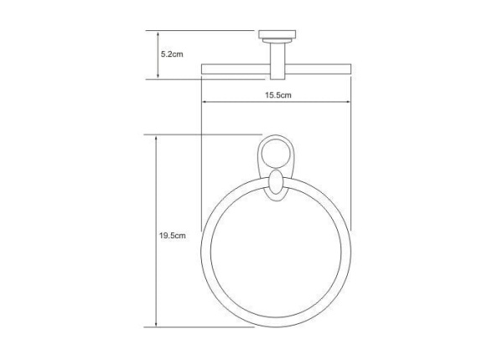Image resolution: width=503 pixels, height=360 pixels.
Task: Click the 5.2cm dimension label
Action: pos(172,54)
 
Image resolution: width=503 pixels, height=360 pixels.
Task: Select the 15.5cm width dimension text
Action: pos(278,96)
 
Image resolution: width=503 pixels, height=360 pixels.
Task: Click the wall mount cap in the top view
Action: pos(274,35)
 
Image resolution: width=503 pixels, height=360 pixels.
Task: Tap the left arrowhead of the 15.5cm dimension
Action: pos(203,104)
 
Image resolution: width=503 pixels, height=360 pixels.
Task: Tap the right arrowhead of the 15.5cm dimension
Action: pos(350,104)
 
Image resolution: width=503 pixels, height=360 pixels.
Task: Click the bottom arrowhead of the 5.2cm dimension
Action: pos(156,78)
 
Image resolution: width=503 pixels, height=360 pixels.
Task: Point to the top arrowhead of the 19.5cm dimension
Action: pos(156,135)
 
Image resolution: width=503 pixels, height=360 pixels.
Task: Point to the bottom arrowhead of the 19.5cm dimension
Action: pos(156,326)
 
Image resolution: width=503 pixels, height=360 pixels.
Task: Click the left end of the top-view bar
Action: pos(202,66)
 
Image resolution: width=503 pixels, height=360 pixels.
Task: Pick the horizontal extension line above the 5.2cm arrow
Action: pos(201,31)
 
